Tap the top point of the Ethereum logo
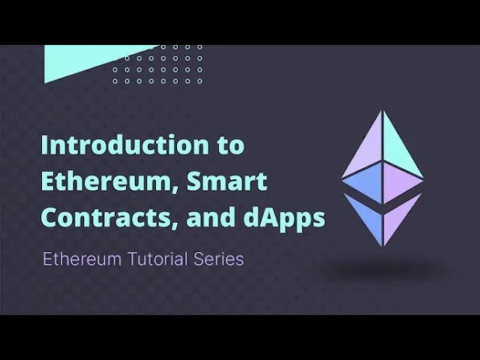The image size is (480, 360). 382,112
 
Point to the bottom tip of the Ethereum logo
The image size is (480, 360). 382,245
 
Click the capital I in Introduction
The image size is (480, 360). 45,145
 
